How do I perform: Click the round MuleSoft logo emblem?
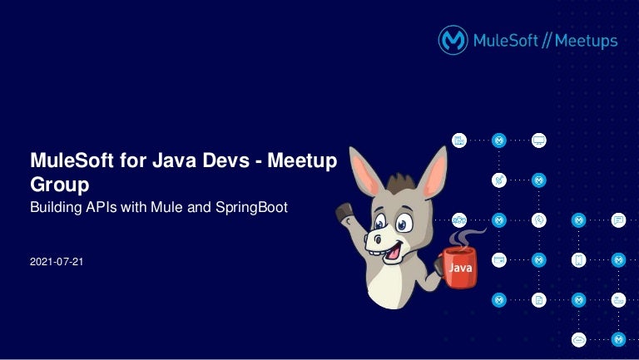[x=453, y=40]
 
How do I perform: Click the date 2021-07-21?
[x=57, y=262]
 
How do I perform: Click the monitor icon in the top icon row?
[x=539, y=141]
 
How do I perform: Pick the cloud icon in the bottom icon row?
[x=579, y=339]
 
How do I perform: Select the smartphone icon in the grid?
[x=579, y=260]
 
